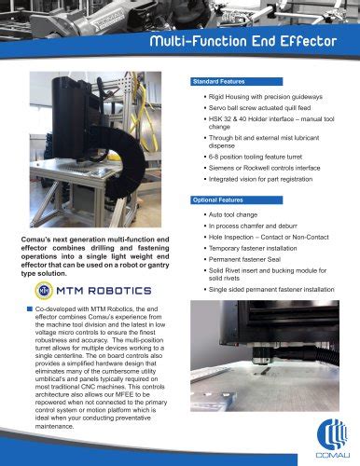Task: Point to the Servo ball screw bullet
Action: tap(260, 110)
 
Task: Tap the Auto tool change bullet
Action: tap(233, 214)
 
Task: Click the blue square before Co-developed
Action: tap(30, 308)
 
